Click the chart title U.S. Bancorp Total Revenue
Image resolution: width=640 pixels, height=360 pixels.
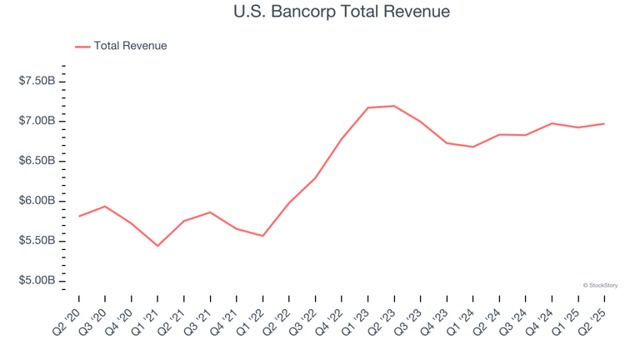click(320, 12)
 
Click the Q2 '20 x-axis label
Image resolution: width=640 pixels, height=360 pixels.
click(67, 319)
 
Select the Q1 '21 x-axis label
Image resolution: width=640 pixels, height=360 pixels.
click(145, 319)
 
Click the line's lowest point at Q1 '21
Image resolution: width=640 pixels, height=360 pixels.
click(157, 246)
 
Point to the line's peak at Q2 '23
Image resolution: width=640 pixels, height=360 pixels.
click(394, 106)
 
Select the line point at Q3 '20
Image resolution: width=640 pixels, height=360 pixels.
click(105, 206)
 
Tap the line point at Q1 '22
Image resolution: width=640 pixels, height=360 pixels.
click(262, 236)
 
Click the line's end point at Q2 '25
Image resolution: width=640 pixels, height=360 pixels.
click(604, 123)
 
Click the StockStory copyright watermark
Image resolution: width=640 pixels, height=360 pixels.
click(600, 285)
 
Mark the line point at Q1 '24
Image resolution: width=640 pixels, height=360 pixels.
click(473, 147)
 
